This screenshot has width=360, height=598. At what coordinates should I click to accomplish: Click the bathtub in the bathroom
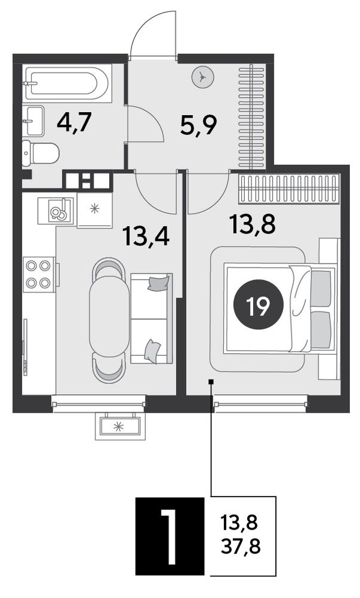tap(67, 83)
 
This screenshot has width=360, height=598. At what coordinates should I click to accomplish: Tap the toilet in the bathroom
tap(40, 154)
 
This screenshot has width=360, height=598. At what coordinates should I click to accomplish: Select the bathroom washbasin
tap(33, 121)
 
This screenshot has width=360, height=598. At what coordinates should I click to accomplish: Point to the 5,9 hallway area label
tap(199, 125)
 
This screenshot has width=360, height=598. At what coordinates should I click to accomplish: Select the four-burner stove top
tap(39, 274)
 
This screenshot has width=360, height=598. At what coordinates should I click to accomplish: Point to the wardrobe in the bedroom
tap(289, 189)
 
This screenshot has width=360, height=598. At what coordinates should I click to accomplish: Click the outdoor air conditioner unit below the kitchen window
tap(120, 426)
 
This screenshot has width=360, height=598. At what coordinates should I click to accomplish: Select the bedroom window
tap(261, 404)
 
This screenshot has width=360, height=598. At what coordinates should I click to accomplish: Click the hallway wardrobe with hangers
tap(251, 116)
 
